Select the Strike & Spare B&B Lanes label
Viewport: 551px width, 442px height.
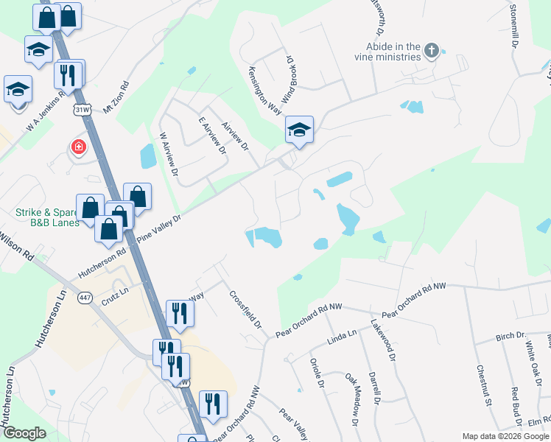(47, 217)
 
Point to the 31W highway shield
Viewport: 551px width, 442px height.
(81, 109)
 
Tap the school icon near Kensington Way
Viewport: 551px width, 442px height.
(299, 130)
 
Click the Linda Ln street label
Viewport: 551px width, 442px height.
(342, 337)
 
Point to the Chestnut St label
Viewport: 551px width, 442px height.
(483, 385)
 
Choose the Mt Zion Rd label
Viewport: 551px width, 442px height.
(116, 95)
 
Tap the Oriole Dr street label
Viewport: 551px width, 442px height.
(316, 373)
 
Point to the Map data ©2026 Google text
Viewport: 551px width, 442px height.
(505, 436)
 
